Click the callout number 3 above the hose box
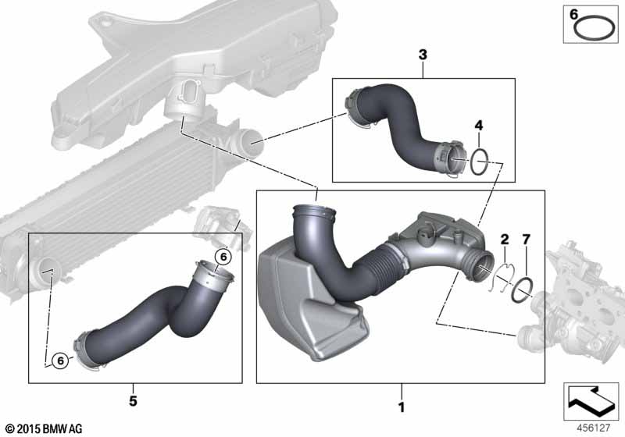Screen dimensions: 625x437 click(x=423, y=55)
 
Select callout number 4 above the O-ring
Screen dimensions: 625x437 click(x=479, y=126)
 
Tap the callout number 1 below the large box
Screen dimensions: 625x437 click(x=402, y=407)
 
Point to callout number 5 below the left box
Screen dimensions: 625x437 click(x=133, y=401)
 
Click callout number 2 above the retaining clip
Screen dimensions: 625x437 click(x=505, y=240)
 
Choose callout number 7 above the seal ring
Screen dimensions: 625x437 click(x=526, y=240)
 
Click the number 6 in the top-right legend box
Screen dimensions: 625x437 click(x=573, y=15)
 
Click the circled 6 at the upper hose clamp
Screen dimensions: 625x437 click(x=223, y=257)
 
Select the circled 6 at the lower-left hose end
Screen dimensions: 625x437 click(x=60, y=361)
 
